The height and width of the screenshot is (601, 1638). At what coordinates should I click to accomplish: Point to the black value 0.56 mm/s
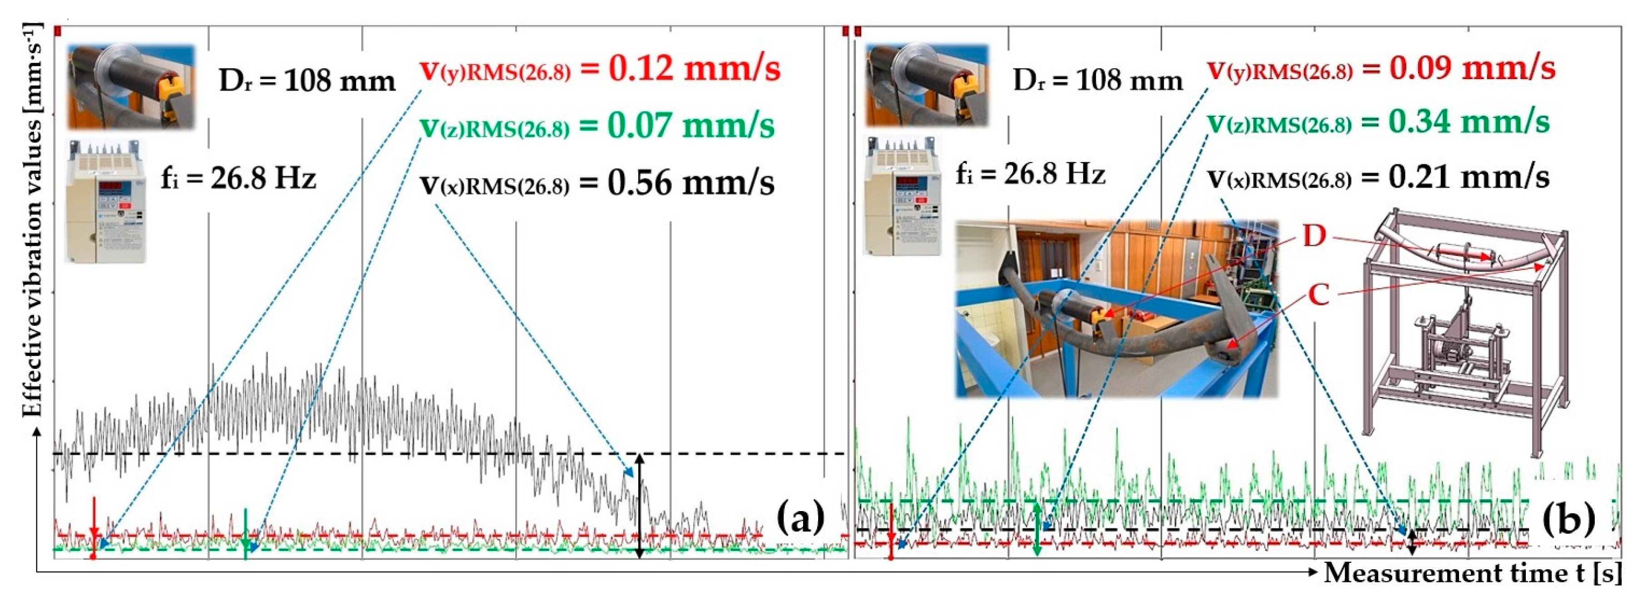click(x=690, y=183)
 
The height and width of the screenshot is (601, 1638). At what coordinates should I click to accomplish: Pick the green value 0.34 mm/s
click(x=1469, y=122)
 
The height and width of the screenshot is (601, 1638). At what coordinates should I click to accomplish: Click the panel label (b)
click(x=1569, y=518)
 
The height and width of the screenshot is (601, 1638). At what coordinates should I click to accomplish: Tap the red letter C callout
click(x=1318, y=295)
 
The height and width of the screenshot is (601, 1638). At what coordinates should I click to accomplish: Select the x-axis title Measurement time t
click(x=1479, y=573)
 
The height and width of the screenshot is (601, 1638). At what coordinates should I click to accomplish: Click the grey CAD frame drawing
click(x=1463, y=331)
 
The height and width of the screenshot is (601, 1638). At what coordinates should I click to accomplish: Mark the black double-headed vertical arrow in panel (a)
click(x=640, y=506)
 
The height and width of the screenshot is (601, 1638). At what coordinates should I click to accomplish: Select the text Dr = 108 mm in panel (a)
click(x=307, y=81)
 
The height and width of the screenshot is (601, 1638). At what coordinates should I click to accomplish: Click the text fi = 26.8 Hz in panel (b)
click(x=1030, y=174)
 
